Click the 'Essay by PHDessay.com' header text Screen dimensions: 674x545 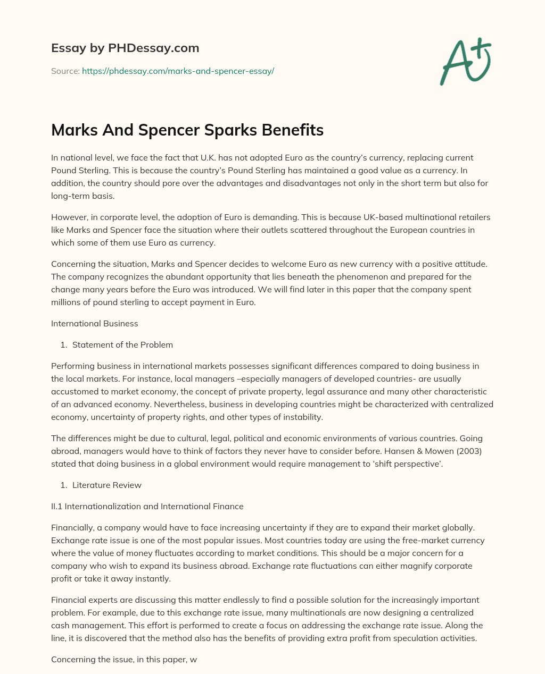coord(125,48)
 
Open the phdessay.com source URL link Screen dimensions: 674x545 coord(178,71)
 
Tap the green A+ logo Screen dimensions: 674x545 coord(465,61)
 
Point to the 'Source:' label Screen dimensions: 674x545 coord(65,71)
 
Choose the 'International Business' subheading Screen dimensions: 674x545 coord(94,323)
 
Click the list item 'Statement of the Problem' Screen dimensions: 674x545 coord(122,344)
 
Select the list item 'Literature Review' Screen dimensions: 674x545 coord(106,485)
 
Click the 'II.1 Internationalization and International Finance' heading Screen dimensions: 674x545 coord(147,506)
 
